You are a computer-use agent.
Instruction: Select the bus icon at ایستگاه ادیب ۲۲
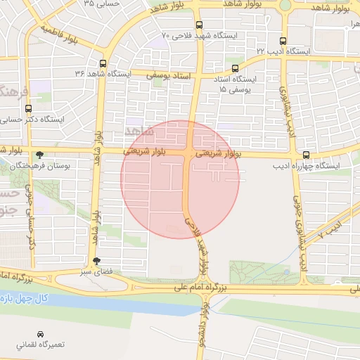click(283, 41)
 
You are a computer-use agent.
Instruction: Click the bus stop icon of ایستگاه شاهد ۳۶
click(103, 61)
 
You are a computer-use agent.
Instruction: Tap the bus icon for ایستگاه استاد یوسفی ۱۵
click(235, 68)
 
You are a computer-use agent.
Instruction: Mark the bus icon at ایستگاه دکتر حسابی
click(28, 109)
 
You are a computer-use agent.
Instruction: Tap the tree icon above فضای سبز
click(106, 260)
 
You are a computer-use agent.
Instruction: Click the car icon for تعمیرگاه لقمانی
click(40, 334)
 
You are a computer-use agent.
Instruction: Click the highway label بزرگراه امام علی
click(202, 288)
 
